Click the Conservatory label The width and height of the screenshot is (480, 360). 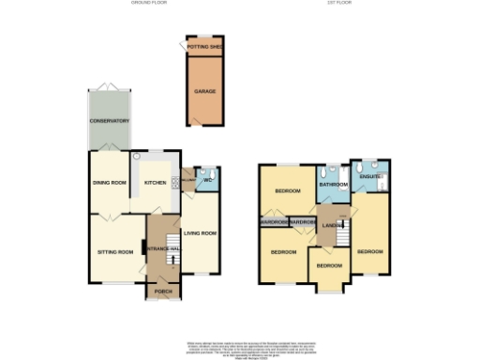(x=110, y=121)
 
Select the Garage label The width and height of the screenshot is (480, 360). (x=205, y=92)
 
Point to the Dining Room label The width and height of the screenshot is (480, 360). (x=109, y=182)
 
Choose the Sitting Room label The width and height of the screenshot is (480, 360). (x=117, y=252)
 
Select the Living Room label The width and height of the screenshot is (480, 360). (x=200, y=232)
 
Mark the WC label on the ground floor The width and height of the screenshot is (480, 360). (x=208, y=180)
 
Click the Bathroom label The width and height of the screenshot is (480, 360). (x=333, y=185)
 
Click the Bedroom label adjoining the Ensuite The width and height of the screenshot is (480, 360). (x=370, y=251)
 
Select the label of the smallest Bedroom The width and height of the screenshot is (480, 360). (x=328, y=266)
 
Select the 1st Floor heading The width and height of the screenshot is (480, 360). (x=338, y=3)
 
